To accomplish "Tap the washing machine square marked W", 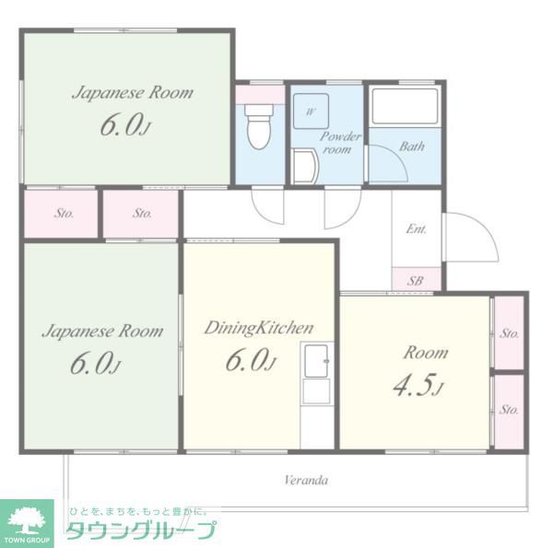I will click(311, 112).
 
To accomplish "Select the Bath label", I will click(412, 146).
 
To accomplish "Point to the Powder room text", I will click(339, 143).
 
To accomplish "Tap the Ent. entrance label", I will click(416, 228).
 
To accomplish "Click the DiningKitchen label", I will click(258, 327).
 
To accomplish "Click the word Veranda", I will click(306, 480).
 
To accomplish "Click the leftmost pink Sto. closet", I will click(63, 214).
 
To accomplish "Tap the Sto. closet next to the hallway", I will click(141, 214).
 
